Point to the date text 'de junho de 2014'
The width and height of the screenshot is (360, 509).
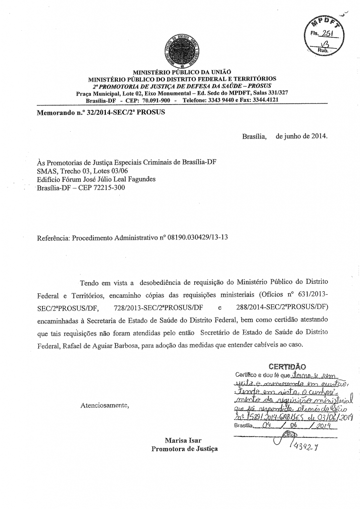pyautogui.click(x=302, y=136)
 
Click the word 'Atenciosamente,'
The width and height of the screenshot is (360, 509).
pyautogui.click(x=104, y=405)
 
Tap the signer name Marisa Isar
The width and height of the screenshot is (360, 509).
pyautogui.click(x=184, y=440)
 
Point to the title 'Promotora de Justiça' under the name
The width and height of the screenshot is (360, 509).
pyautogui.click(x=184, y=449)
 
